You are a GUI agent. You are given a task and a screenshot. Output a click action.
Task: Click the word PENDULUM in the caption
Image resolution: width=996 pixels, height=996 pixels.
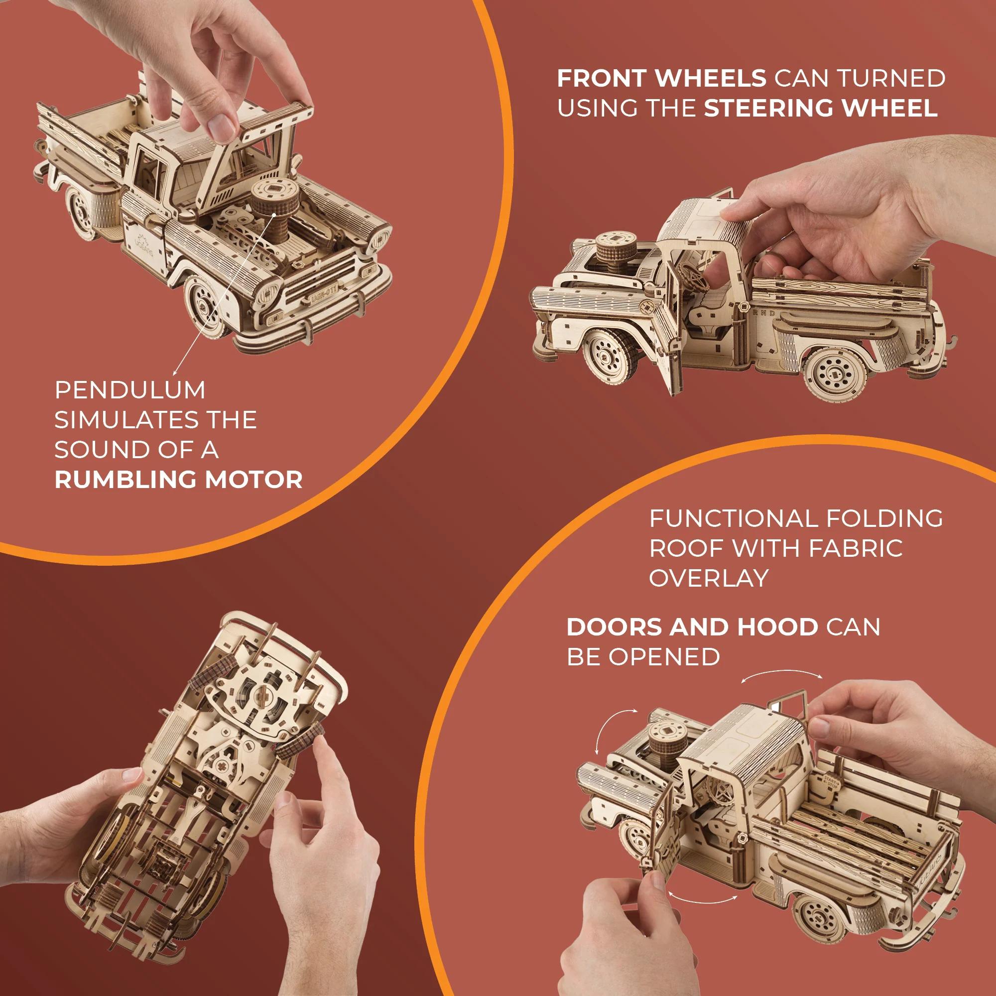tap(130, 390)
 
